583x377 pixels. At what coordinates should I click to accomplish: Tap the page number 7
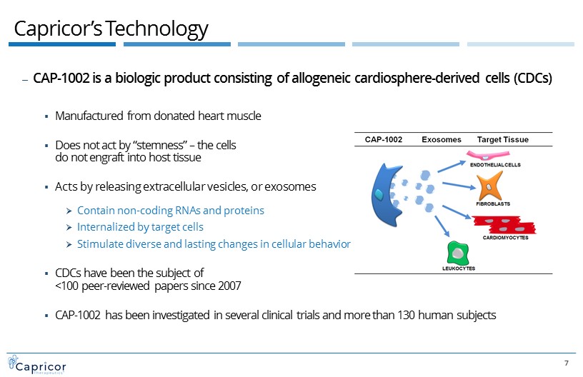click(x=567, y=363)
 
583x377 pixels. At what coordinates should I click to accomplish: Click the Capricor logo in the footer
click(x=37, y=365)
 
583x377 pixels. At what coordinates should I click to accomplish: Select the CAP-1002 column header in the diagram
click(x=384, y=139)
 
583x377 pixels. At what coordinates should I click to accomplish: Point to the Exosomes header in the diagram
click(x=442, y=139)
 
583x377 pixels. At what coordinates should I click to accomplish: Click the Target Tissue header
click(x=503, y=140)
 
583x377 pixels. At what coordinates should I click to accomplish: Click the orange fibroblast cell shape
click(x=489, y=187)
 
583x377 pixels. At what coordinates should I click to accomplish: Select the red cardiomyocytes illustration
click(x=504, y=225)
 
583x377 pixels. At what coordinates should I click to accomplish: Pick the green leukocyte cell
click(x=458, y=253)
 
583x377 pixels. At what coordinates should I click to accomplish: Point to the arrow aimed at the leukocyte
click(x=442, y=226)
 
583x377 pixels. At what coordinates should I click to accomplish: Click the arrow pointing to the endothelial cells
click(x=452, y=166)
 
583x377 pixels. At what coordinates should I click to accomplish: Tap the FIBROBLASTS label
click(x=493, y=203)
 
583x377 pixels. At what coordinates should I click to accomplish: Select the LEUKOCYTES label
click(x=459, y=268)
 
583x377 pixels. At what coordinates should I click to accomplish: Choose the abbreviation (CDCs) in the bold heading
click(x=533, y=78)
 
